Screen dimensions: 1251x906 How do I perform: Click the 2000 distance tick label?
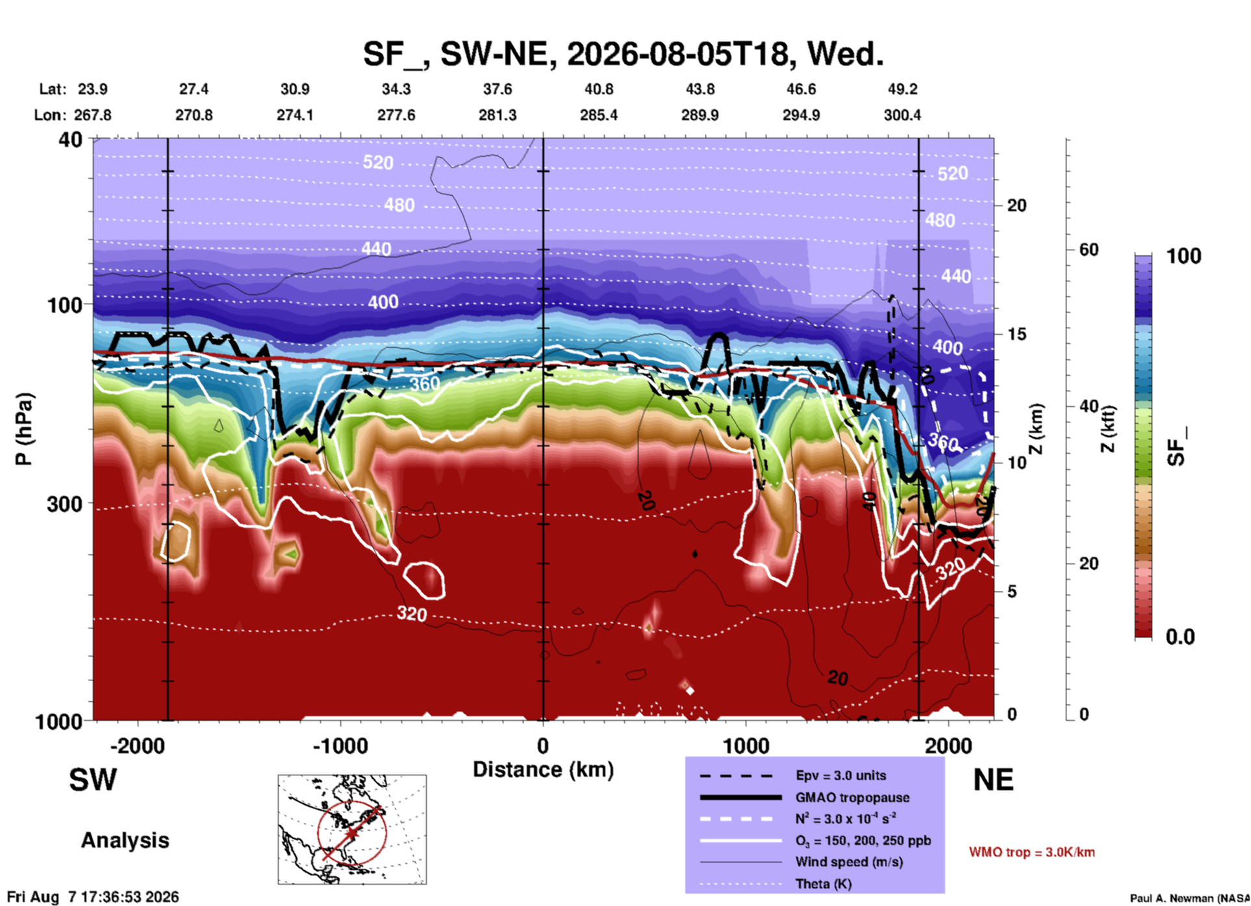(949, 745)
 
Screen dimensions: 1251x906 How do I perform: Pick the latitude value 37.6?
(498, 89)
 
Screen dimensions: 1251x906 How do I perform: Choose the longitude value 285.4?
(599, 115)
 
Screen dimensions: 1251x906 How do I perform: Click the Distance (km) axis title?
(543, 770)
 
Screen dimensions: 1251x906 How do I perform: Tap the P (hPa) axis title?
(24, 429)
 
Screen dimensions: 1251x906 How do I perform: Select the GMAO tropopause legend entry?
(852, 797)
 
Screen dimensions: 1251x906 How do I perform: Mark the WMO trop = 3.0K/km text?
(1031, 852)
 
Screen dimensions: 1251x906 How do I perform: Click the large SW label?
(93, 780)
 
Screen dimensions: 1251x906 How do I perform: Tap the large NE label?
(993, 780)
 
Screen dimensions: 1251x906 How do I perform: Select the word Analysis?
(125, 840)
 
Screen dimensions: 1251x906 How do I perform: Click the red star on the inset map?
(351, 833)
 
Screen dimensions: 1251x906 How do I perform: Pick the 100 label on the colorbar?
(1183, 256)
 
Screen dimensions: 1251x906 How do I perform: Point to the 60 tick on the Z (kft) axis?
(1089, 250)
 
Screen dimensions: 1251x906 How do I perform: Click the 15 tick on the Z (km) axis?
(1017, 334)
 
